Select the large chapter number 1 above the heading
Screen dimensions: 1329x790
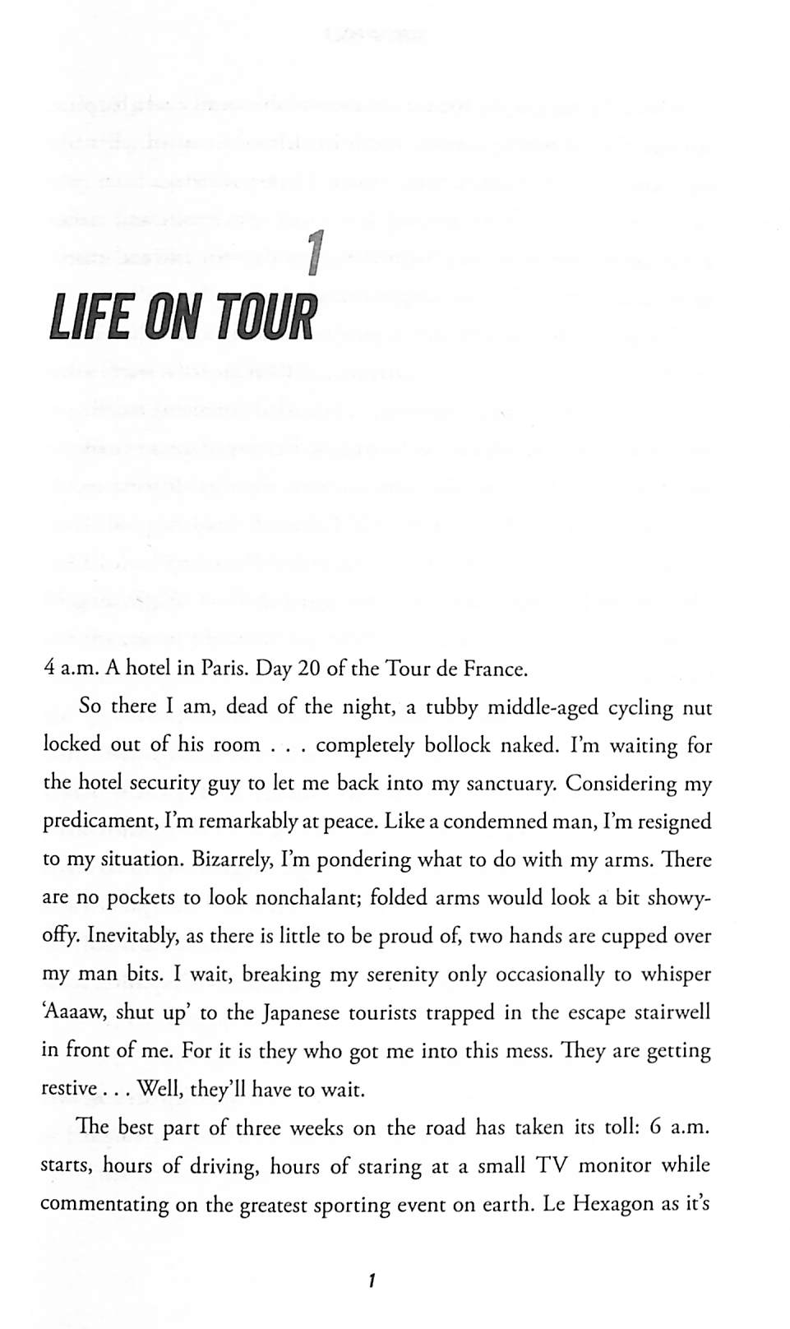click(312, 253)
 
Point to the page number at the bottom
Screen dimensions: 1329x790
click(372, 1280)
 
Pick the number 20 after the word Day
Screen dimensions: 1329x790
click(308, 669)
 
